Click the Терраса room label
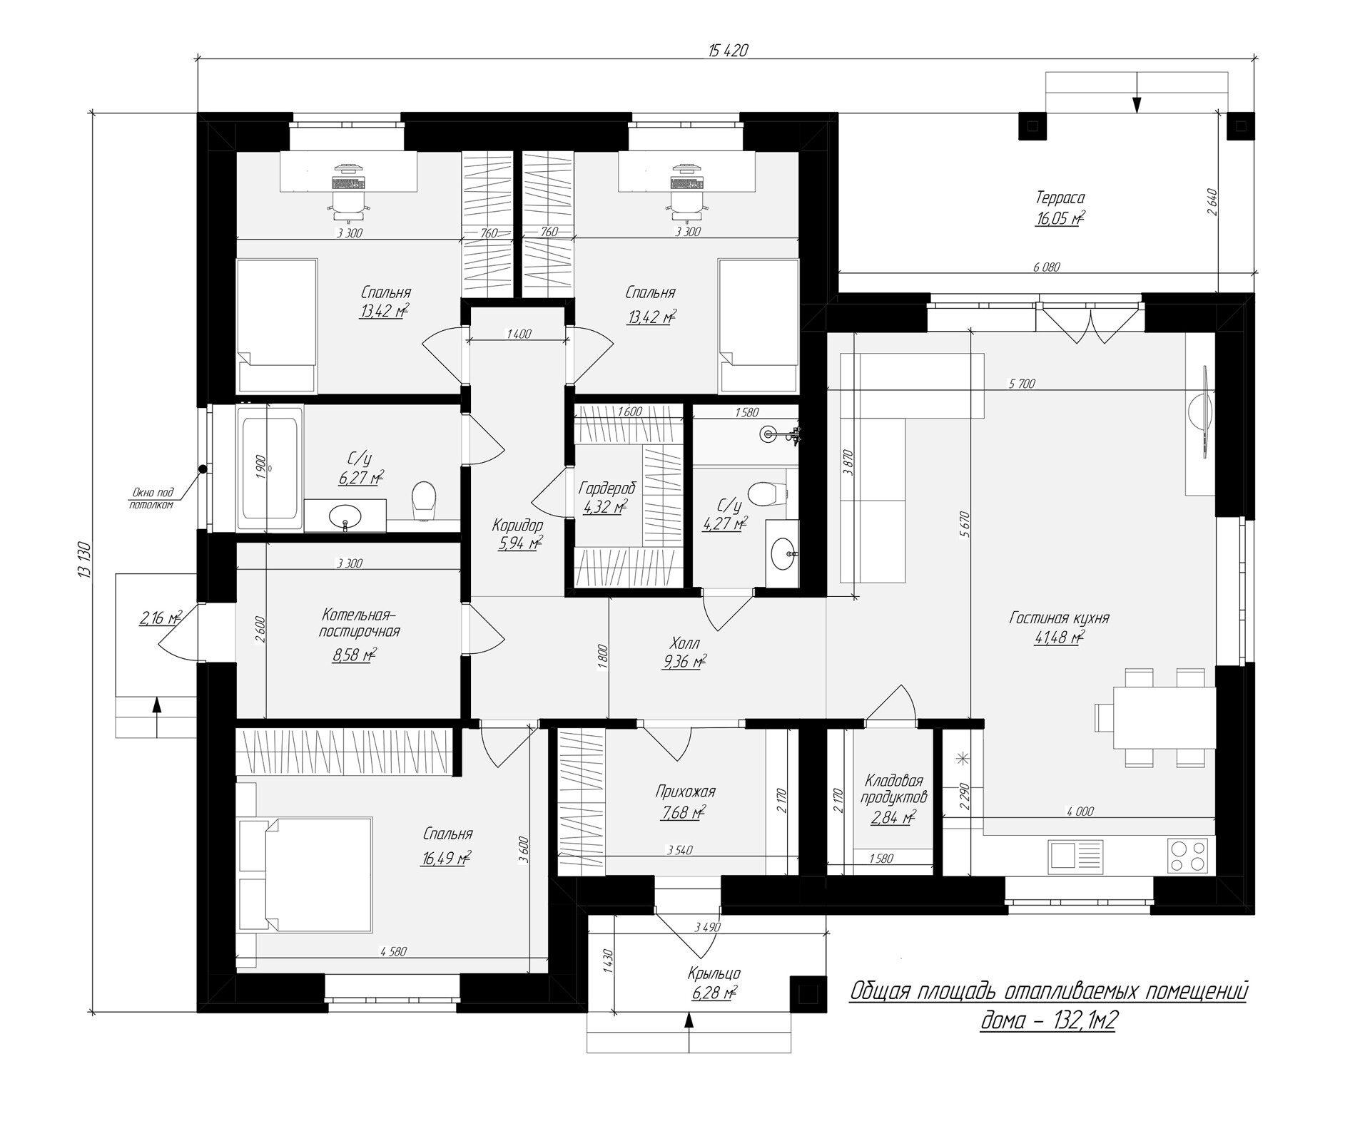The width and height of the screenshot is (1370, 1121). [x=1060, y=198]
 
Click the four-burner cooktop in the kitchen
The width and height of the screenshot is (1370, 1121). [x=1187, y=855]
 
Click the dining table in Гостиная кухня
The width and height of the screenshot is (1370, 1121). [x=1164, y=717]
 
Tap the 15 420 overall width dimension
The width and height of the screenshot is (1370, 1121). [x=728, y=50]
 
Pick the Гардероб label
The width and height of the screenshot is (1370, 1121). [x=607, y=488]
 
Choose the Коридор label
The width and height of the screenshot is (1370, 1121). [x=517, y=526]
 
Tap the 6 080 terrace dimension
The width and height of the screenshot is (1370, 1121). [x=1046, y=267]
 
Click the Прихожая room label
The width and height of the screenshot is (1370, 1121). [x=685, y=792]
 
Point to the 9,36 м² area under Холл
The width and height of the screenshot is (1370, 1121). [x=684, y=662]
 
